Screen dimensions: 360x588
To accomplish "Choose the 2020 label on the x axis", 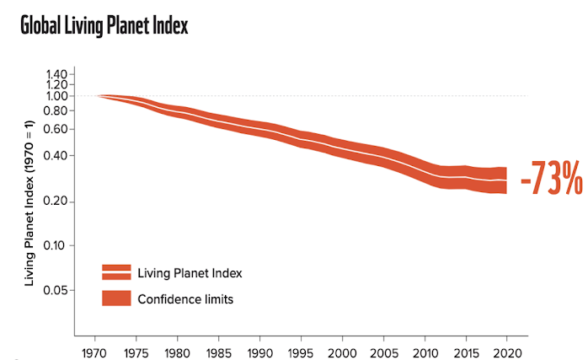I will (505, 351).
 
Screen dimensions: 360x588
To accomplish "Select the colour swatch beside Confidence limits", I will (116, 298).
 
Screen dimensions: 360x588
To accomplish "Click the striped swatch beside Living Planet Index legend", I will (116, 271).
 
